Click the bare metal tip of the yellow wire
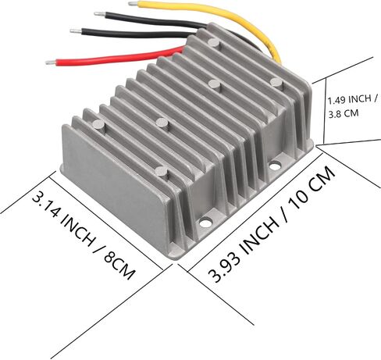tap(133, 4)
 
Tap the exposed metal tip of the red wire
tap(50, 62)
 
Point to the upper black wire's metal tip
tap(100, 14)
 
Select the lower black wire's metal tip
tap(76, 30)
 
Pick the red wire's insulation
tap(117, 57)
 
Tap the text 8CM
tap(119, 266)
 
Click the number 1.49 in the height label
tap(336, 100)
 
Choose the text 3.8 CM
tap(344, 114)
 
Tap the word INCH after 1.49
tap(360, 98)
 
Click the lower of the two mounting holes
tap(205, 223)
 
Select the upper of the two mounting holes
tap(274, 165)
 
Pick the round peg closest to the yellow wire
tap(214, 42)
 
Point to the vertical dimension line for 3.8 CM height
tap(325, 111)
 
